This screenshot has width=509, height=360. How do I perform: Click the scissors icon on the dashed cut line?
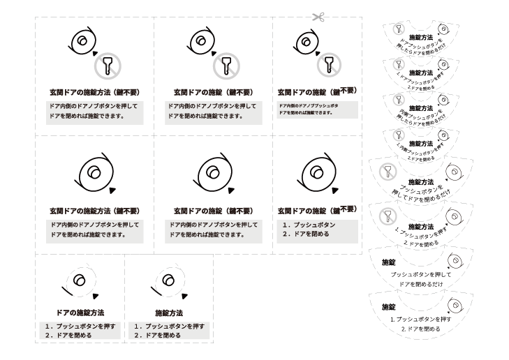click(x=319, y=17)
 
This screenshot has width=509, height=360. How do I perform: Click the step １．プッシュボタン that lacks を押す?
click(x=309, y=225)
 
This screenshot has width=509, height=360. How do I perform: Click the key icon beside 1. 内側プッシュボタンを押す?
click(x=399, y=135)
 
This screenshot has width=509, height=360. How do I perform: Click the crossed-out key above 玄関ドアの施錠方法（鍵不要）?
click(x=108, y=66)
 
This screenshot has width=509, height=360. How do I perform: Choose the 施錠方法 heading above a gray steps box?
click(x=168, y=313)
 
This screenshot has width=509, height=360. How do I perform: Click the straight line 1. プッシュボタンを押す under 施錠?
click(x=420, y=319)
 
